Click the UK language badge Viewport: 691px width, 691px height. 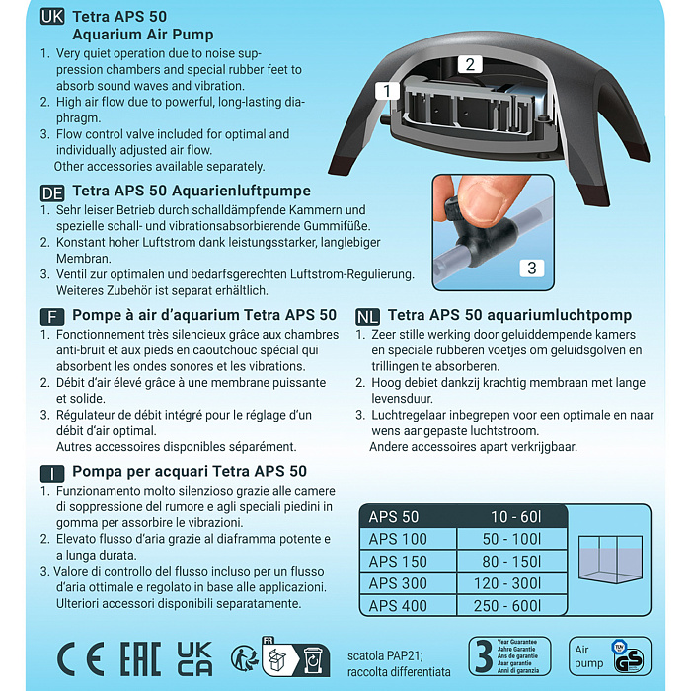click(x=53, y=17)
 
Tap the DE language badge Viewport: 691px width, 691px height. click(x=53, y=191)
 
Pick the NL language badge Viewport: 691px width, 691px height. click(x=367, y=316)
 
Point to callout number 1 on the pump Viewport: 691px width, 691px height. click(x=387, y=91)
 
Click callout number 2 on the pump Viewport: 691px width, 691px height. click(x=470, y=64)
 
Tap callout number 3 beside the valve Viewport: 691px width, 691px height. click(x=531, y=268)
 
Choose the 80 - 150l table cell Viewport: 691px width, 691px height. click(x=513, y=562)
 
